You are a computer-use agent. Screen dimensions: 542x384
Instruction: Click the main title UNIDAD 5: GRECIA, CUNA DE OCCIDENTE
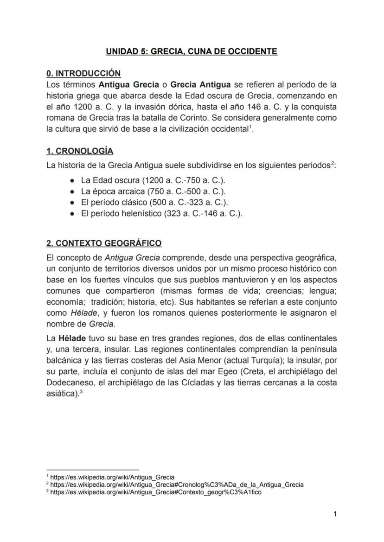[x=192, y=51]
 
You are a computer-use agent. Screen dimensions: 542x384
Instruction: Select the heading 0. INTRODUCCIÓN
[x=83, y=73]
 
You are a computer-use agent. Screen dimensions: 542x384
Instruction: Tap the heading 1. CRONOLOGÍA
[x=80, y=151]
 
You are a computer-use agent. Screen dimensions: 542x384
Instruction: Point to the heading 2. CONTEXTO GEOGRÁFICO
[x=104, y=243]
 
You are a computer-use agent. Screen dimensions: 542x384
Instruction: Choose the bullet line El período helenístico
[x=162, y=214]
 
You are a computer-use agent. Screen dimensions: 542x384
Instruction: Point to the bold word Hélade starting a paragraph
[x=70, y=338]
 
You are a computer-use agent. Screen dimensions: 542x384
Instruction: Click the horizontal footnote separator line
[x=93, y=470]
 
